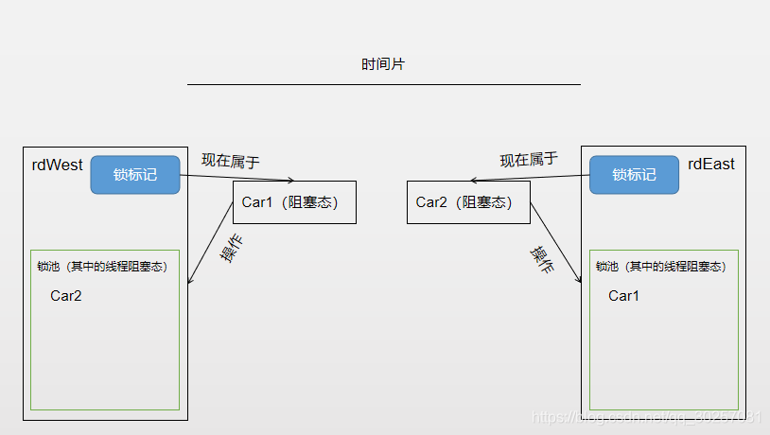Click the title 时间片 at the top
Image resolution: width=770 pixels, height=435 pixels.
(384, 64)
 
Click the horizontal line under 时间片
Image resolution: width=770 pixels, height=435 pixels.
(383, 84)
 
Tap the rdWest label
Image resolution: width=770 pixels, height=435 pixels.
(58, 165)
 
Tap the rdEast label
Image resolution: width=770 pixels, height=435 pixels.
(711, 165)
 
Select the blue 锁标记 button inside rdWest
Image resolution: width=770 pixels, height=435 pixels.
(135, 175)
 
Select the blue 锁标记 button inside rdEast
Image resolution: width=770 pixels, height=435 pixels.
(634, 175)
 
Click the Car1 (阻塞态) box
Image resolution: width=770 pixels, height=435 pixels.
(294, 202)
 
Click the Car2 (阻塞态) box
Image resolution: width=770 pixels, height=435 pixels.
(468, 202)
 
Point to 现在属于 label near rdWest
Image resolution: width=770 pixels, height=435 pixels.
(230, 160)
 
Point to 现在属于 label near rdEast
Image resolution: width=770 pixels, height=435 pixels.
(529, 160)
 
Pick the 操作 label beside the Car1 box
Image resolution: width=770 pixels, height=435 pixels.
(232, 248)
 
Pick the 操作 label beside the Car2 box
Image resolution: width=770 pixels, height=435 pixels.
(541, 259)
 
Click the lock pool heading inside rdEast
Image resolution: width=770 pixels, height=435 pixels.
(661, 267)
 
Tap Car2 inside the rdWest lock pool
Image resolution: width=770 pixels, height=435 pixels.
(66, 296)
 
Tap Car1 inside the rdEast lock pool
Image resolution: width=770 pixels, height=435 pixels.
(624, 296)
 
